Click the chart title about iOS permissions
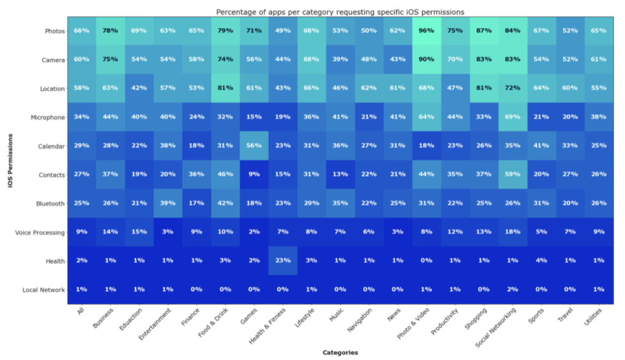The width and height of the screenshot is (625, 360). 340,12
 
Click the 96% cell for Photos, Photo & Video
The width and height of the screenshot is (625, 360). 427,31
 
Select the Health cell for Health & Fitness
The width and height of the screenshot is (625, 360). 283,261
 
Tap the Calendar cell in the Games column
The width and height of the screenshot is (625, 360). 255,146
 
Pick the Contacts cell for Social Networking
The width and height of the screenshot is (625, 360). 511,175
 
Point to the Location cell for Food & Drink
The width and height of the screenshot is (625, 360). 226,88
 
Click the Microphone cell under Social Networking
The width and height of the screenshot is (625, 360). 511,117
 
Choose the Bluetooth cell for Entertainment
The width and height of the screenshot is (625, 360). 168,203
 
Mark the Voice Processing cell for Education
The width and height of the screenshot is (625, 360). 139,232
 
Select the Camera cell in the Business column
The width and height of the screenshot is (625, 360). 110,60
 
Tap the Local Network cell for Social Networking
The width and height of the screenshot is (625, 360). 511,289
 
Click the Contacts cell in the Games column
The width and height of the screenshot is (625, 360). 255,175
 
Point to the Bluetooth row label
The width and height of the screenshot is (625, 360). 51,204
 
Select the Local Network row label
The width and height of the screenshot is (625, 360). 45,290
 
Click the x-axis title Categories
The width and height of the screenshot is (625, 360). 340,353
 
